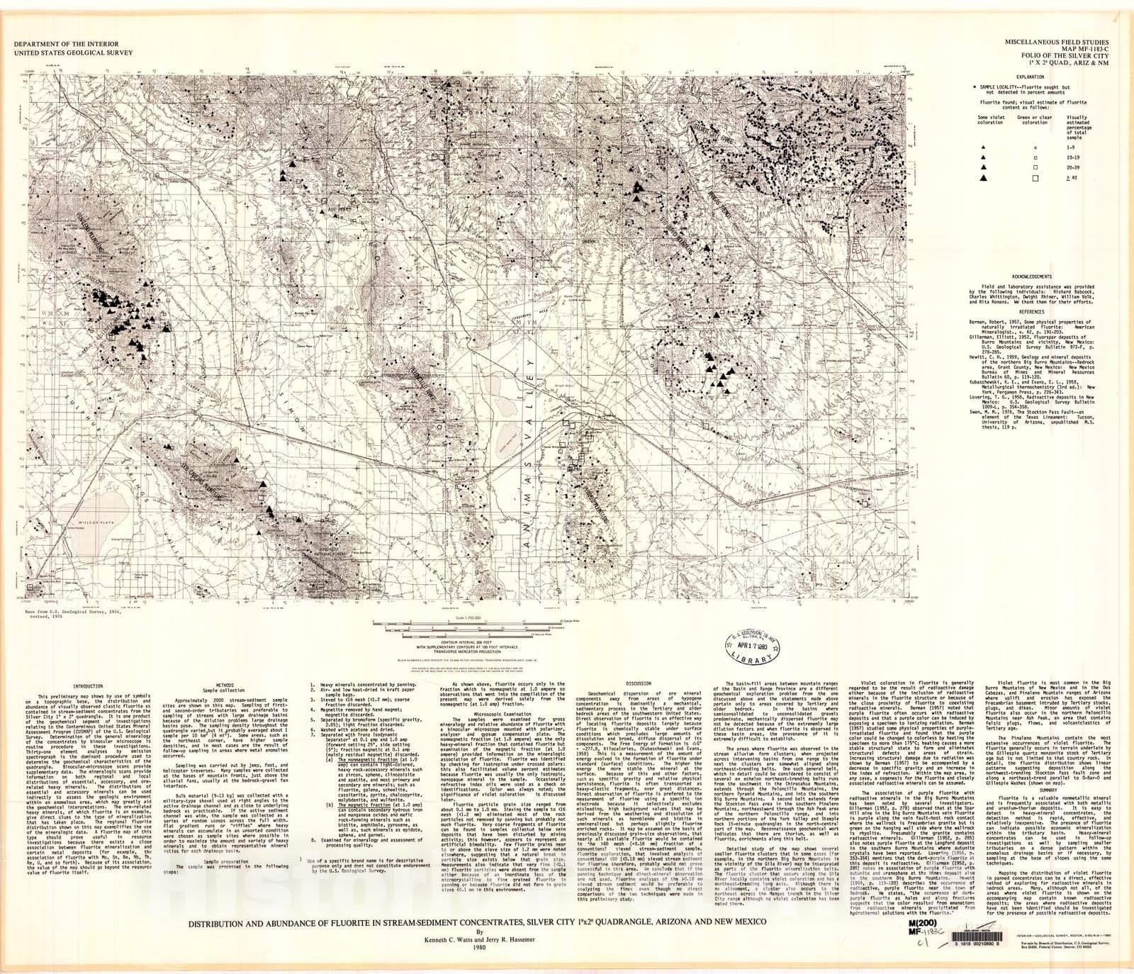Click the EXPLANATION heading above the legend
point(1029,77)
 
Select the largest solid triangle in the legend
point(983,178)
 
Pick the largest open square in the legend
point(1035,179)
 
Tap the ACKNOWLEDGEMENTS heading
point(1031,276)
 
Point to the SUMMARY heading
point(1049,790)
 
